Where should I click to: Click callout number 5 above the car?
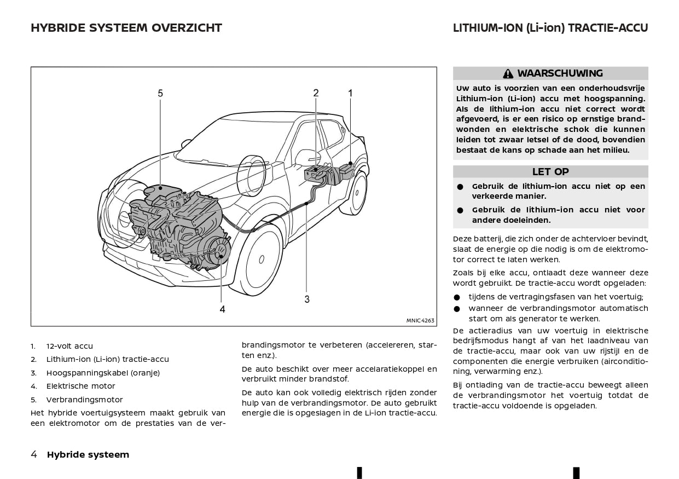(x=160, y=94)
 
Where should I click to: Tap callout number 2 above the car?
(x=316, y=93)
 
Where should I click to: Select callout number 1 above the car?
(x=350, y=93)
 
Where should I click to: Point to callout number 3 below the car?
(x=307, y=299)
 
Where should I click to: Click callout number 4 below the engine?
(x=222, y=309)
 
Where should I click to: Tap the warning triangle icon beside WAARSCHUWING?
(x=508, y=74)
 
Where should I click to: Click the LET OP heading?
(x=550, y=172)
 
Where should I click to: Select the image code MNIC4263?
(x=420, y=321)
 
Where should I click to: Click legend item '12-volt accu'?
(x=69, y=347)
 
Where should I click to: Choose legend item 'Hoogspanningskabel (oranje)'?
(x=103, y=373)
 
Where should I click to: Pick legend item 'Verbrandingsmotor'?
(x=84, y=400)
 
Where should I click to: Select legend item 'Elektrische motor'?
(x=80, y=386)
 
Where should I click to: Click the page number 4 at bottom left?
(x=34, y=454)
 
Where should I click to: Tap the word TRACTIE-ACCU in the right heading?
(x=608, y=28)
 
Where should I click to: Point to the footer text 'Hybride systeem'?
(x=88, y=454)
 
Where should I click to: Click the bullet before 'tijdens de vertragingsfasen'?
(x=457, y=298)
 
